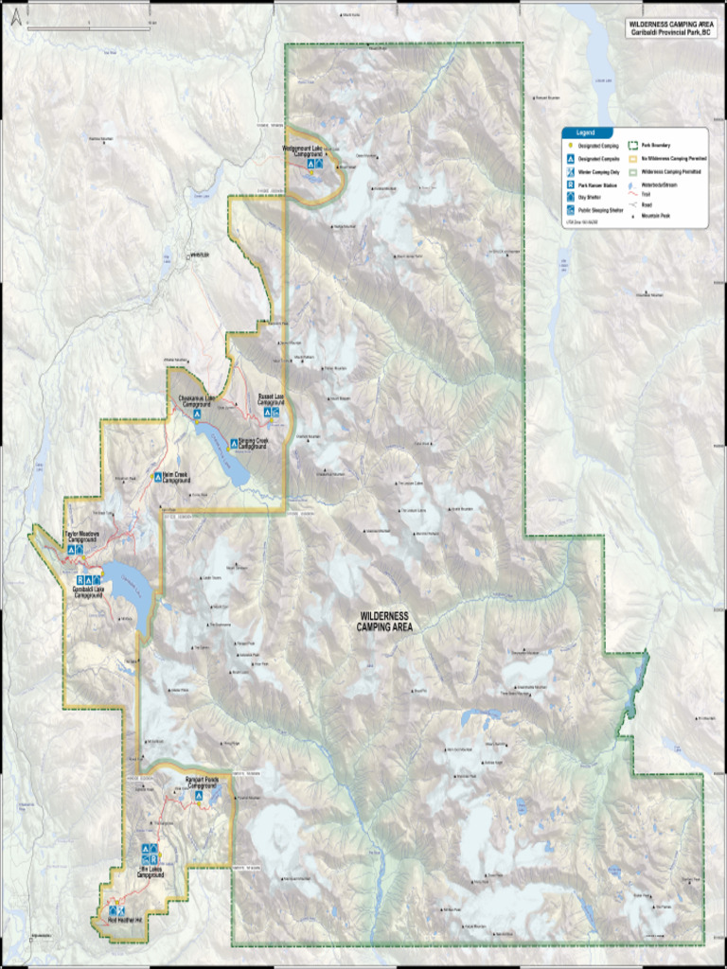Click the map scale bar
pos(88,27)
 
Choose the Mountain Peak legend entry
pos(656,216)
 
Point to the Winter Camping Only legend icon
pos(570,173)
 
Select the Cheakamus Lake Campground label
pos(196,401)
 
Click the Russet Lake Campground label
pos(272,400)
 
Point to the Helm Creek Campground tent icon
pos(157,477)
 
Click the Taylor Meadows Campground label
pos(81,537)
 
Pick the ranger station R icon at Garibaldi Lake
pos(81,580)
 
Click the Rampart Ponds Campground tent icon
pos(199,796)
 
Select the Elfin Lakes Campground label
pos(150,872)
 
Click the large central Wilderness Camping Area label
pos(384,621)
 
